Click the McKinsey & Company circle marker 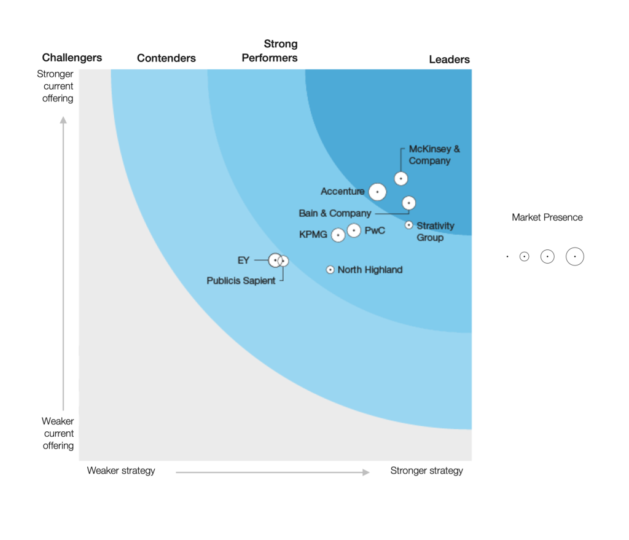coord(401,179)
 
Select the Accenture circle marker coord(378,192)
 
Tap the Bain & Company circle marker coord(409,203)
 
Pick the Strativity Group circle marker coord(409,225)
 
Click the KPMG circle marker coord(338,235)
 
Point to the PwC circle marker coord(354,230)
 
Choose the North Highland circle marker coord(330,270)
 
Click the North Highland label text coord(370,270)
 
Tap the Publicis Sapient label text coord(241,281)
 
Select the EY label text coord(244,260)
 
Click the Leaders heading coord(449,60)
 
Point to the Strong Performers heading coord(270,51)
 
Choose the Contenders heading coord(166,58)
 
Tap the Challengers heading coord(72,58)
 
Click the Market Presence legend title coord(547,217)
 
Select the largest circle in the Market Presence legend coord(575,257)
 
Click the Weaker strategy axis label coord(121,471)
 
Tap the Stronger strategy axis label coord(427,471)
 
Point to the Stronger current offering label coord(58,86)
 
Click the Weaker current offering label coord(58,434)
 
